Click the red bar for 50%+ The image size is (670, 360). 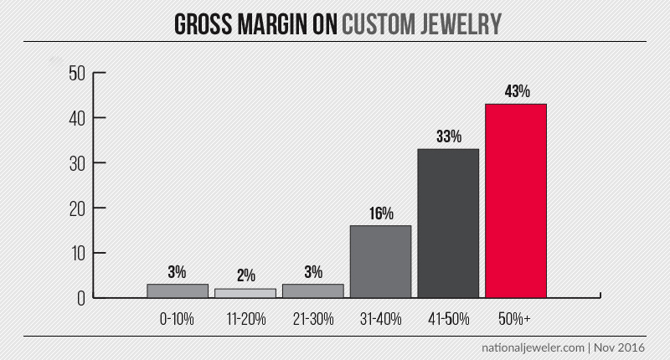coord(516,201)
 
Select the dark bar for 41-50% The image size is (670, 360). coord(448,223)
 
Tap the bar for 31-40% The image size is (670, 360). coord(380,261)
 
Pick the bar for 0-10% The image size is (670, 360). coord(177,291)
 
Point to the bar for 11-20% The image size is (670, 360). coord(245,293)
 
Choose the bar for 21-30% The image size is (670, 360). coord(312,291)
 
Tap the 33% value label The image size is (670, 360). coord(449,136)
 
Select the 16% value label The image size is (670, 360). coord(381,213)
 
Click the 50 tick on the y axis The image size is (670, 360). coord(77,73)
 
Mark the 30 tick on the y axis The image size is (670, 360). coord(77,162)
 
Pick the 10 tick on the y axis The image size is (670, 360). coord(77,253)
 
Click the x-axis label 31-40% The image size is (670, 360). coord(380,318)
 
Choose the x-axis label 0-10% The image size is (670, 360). coord(177,318)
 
